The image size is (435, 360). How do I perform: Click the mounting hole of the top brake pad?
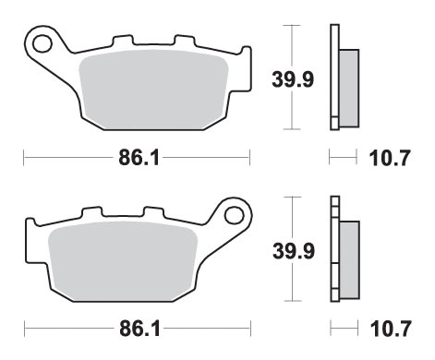coord(42,43)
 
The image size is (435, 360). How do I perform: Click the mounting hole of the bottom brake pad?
coord(234,215)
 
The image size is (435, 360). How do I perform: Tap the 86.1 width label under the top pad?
coord(139,158)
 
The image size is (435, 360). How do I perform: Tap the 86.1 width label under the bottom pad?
coord(139,329)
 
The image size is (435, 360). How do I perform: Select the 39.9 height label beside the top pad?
coord(293,79)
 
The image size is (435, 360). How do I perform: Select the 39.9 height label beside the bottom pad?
coord(294,251)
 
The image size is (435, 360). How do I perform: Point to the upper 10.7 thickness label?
coord(390,158)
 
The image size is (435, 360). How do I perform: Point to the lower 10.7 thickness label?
coord(391,329)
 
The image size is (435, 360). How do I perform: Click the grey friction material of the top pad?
coord(153,90)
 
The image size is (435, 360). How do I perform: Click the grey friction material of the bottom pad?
coord(123,261)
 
